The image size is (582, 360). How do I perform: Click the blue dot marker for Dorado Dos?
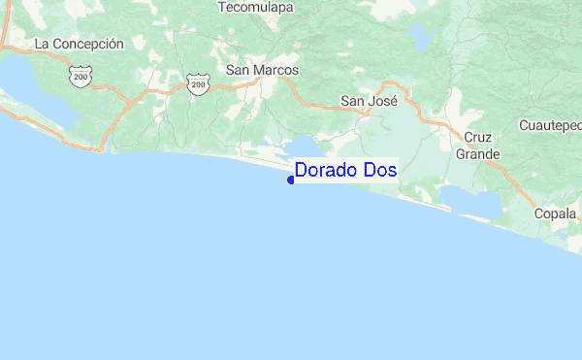[291, 179]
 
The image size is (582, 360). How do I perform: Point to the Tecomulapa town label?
[256, 8]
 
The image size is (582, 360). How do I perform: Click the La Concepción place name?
[79, 44]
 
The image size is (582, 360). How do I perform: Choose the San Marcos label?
[262, 71]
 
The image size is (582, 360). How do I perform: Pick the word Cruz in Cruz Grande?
[479, 138]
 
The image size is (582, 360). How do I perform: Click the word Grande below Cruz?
[479, 154]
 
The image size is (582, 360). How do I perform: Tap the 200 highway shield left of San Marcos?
[199, 85]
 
